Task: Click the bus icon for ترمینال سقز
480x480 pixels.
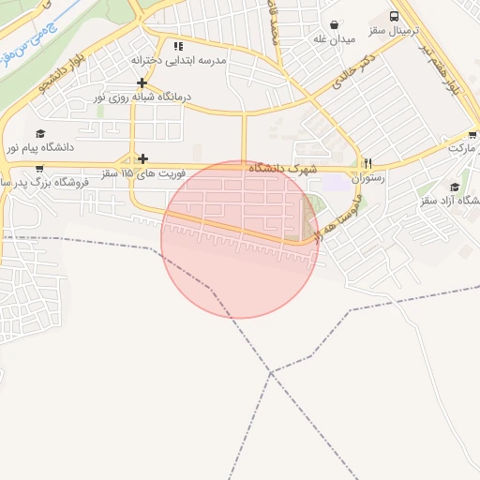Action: tap(394, 17)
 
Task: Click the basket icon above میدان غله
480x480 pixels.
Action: tap(336, 23)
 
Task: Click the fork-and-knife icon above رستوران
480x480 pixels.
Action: tap(367, 162)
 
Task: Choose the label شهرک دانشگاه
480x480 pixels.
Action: tap(283, 168)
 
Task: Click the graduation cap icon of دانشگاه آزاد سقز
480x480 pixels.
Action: tap(455, 187)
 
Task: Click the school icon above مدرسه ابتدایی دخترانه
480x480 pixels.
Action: tap(178, 45)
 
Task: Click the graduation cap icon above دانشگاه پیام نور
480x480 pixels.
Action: tap(39, 133)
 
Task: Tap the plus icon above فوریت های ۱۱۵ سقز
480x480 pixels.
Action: tap(142, 158)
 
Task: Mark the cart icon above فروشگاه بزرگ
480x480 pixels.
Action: tap(39, 169)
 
